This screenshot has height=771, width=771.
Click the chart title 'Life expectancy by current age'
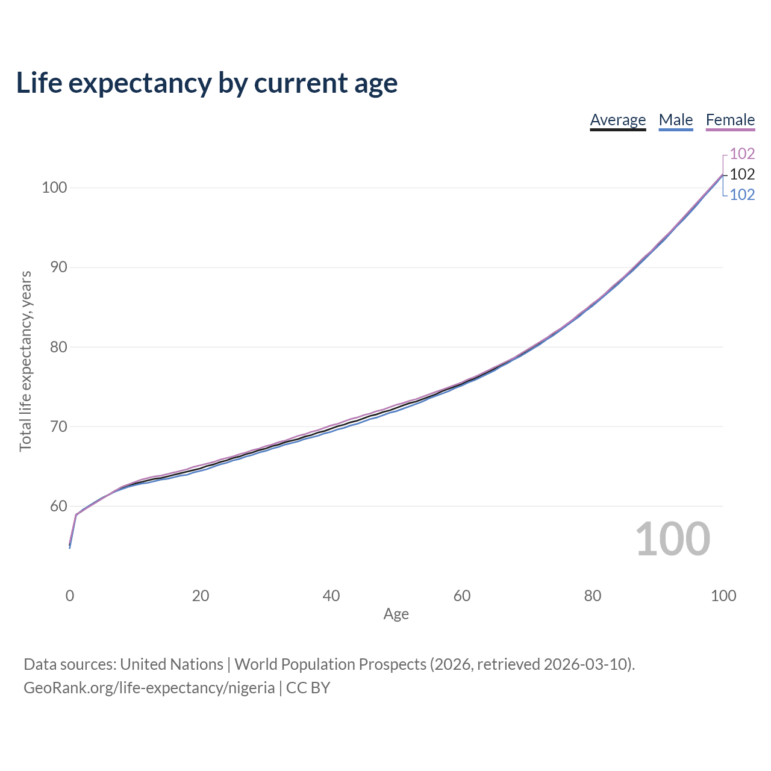point(207,83)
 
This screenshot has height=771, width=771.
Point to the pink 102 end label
point(742,154)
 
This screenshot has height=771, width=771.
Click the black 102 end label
point(742,174)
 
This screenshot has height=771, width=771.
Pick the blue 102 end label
point(742,195)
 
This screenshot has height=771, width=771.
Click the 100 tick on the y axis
point(54,187)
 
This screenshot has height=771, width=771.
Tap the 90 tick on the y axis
point(58,267)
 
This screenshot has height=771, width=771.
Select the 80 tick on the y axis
point(58,347)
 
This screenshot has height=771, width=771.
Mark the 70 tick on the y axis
point(58,426)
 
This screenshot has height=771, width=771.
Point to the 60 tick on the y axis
point(58,506)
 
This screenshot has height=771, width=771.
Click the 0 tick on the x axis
point(70,596)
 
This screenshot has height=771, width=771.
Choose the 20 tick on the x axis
point(201,596)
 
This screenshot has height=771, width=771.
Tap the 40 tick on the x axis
point(331,596)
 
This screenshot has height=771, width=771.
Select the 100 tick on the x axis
point(723,596)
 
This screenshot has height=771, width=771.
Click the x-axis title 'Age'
point(396,614)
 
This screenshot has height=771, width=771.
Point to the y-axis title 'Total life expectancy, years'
point(25,361)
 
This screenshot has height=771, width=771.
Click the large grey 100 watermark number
point(673,538)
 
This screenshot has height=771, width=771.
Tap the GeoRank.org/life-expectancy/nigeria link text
point(149,688)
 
